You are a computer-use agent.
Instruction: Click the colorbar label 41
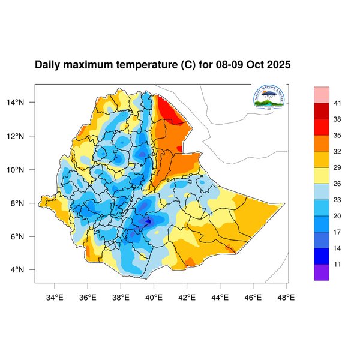pyautogui.click(x=338, y=103)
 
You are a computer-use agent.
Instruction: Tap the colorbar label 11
pyautogui.click(x=338, y=264)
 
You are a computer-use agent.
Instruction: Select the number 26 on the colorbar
pyautogui.click(x=338, y=184)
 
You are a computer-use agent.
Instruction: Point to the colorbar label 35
pyautogui.click(x=338, y=136)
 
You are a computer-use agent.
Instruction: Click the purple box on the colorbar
pyautogui.click(x=322, y=272)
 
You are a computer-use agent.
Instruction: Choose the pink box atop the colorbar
pyautogui.click(x=322, y=94)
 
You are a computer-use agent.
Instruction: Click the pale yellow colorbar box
pyautogui.click(x=322, y=175)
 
